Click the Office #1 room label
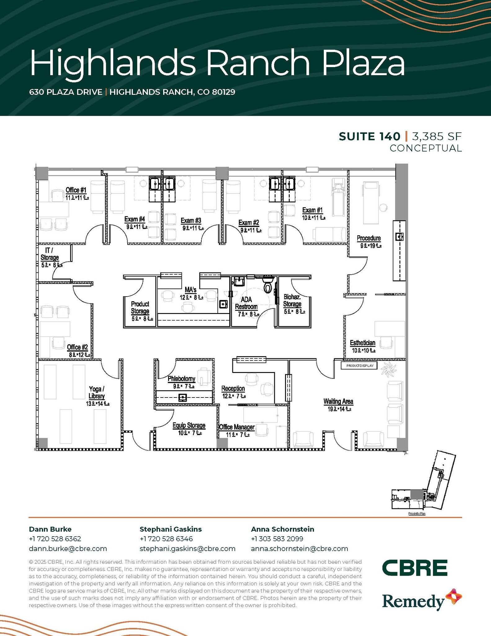(x=76, y=190)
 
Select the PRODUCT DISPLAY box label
(x=359, y=366)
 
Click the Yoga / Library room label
(x=97, y=393)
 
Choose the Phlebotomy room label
(x=181, y=379)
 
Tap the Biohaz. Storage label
(x=292, y=300)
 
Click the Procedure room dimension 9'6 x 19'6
(x=371, y=246)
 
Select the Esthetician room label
(x=363, y=343)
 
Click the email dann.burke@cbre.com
(x=68, y=549)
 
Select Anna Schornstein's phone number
(x=277, y=539)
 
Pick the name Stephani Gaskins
(x=171, y=529)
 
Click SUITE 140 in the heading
(x=369, y=136)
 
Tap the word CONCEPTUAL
(x=426, y=148)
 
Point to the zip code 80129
(x=224, y=92)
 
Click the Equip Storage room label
(x=189, y=425)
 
